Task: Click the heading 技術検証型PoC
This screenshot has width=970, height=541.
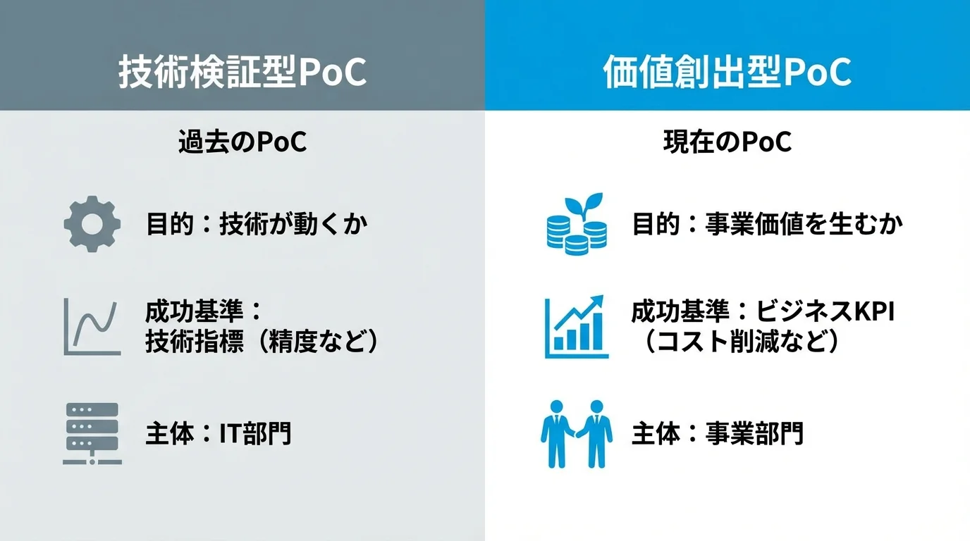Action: tap(242, 73)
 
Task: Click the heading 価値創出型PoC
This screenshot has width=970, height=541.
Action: tap(727, 73)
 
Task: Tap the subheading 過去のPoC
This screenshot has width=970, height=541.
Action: tap(242, 143)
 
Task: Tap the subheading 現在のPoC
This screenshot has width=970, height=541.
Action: tap(727, 143)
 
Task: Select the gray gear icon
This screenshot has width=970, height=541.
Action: tap(92, 224)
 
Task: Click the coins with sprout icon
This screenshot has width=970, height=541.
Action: tap(576, 224)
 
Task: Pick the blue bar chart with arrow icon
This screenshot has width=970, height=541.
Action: tap(576, 327)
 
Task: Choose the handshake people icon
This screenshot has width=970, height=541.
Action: tap(576, 434)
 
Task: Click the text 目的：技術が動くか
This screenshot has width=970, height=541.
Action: tap(257, 225)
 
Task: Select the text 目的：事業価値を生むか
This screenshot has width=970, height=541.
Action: tap(767, 225)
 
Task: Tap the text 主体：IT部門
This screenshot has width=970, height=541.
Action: tap(218, 434)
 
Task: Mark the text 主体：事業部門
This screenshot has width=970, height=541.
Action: tap(717, 434)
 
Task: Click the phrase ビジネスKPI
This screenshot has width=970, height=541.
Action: tap(825, 311)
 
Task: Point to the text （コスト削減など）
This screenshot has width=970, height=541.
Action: tap(744, 343)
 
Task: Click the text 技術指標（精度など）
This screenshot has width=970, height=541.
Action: tap(262, 343)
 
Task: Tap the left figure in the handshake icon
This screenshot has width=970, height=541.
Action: tap(555, 433)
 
